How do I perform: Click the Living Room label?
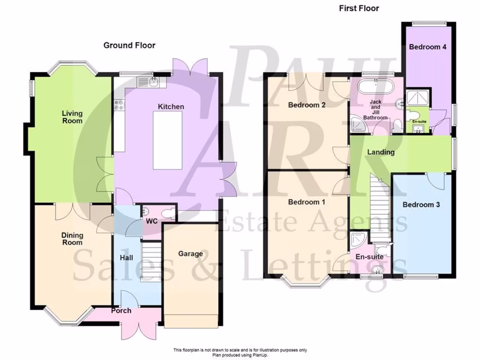click(73, 117)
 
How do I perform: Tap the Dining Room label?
click(72, 239)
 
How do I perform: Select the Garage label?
click(190, 254)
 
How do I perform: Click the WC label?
click(151, 220)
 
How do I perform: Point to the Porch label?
click(121, 311)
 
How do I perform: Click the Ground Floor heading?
click(129, 45)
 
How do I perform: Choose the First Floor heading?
click(359, 8)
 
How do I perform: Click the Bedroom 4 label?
click(427, 47)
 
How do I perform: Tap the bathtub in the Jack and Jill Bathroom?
click(375, 88)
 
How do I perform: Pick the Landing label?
click(381, 152)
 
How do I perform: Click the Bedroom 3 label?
click(421, 205)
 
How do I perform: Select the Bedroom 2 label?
click(307, 105)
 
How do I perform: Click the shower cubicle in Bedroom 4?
click(416, 97)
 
